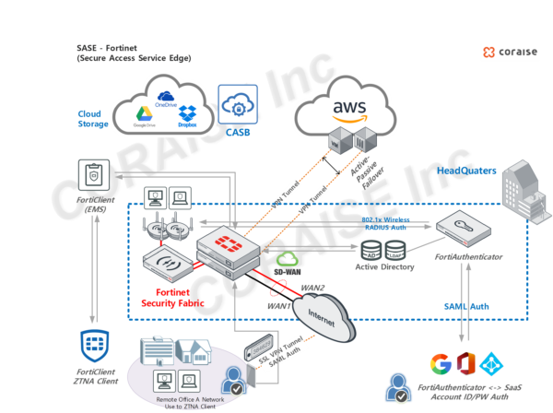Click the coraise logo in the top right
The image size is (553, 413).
[x=509, y=53]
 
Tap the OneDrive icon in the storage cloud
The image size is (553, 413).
[x=166, y=97]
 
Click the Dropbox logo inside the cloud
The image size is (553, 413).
[x=187, y=113]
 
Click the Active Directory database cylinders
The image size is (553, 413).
[x=382, y=250]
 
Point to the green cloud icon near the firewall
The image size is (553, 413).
[x=288, y=259]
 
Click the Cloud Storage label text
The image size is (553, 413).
[x=93, y=119]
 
